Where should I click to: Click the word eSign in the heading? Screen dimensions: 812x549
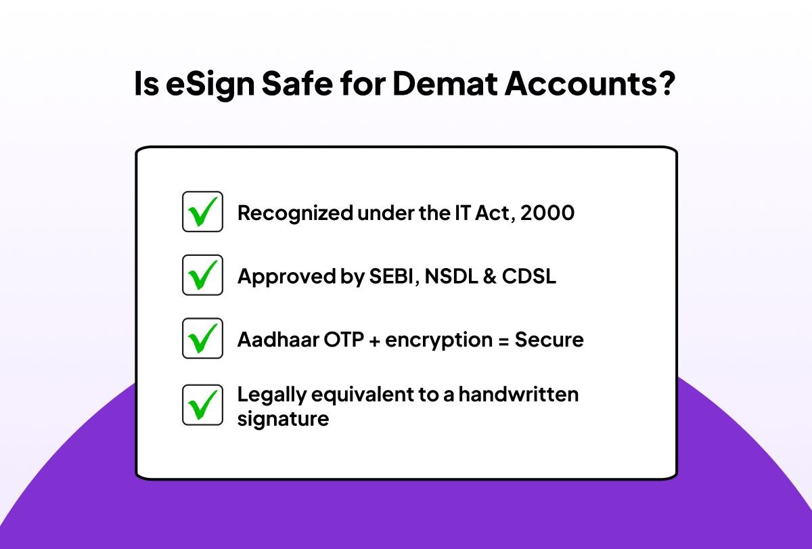click(210, 85)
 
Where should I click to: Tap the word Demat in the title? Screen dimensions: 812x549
click(445, 84)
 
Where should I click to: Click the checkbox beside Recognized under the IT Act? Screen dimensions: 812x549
click(202, 212)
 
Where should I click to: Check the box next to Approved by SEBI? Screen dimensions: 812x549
click(202, 275)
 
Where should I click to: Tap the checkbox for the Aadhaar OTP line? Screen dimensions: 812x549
click(202, 338)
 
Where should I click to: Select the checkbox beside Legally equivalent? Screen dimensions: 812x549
click(202, 405)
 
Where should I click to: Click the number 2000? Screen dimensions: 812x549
click(547, 213)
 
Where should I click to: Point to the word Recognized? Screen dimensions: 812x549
click(295, 214)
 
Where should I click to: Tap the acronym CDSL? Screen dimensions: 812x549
click(529, 276)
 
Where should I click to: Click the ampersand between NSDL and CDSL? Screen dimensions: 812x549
click(490, 276)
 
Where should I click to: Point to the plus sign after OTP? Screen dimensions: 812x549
click(374, 342)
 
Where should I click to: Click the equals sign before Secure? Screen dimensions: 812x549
click(503, 342)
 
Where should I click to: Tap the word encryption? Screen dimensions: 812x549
click(438, 341)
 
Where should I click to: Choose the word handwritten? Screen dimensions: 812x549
click(518, 394)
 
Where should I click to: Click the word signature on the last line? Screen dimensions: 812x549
click(283, 420)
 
